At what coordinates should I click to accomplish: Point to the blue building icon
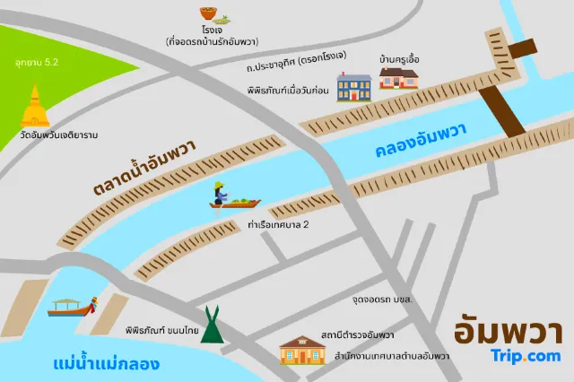click(354, 87)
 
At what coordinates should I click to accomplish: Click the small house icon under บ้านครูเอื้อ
click(399, 78)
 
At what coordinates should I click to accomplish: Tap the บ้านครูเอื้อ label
click(400, 59)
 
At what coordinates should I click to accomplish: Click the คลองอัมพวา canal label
click(421, 142)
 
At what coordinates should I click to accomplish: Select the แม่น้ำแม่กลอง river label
click(107, 364)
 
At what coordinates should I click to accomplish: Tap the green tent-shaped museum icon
click(213, 325)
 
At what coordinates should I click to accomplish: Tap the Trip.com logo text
click(526, 356)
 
